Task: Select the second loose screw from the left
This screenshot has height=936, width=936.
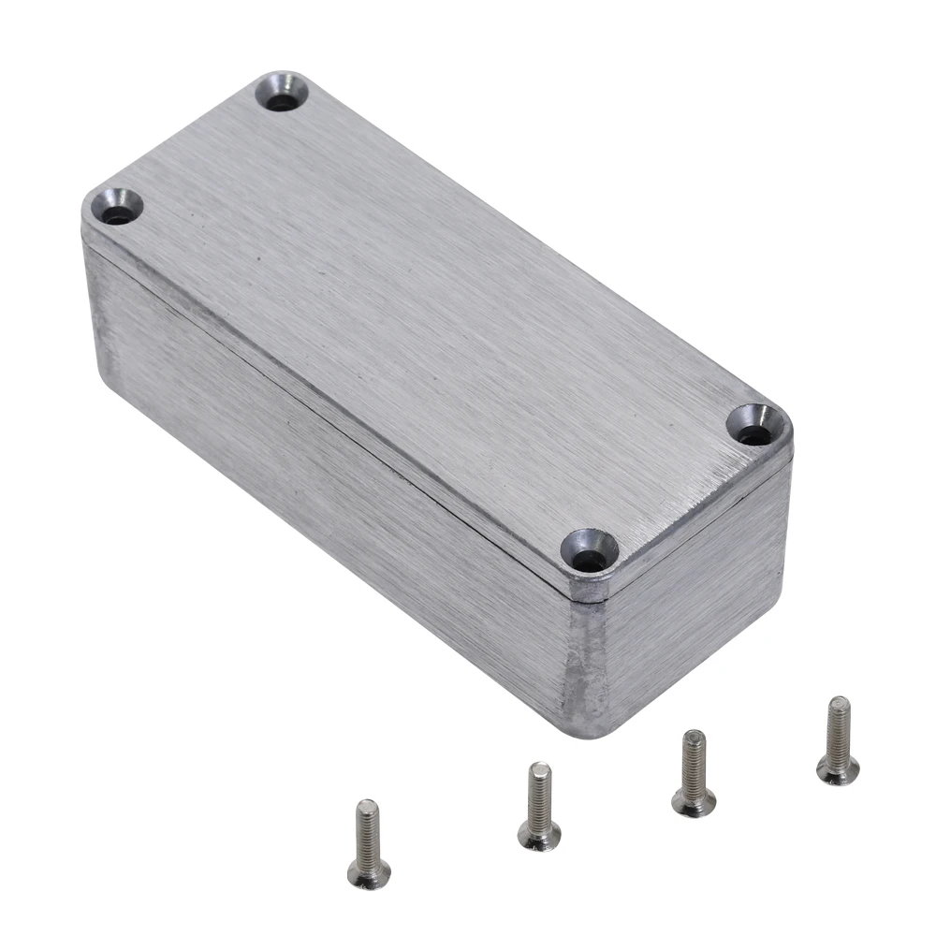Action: point(540,807)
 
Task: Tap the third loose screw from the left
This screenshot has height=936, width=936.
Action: point(694,773)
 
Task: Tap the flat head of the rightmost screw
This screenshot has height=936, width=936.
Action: point(838,770)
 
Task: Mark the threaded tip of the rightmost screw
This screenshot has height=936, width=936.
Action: point(840,704)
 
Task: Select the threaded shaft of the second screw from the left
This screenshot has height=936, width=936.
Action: point(539,791)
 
